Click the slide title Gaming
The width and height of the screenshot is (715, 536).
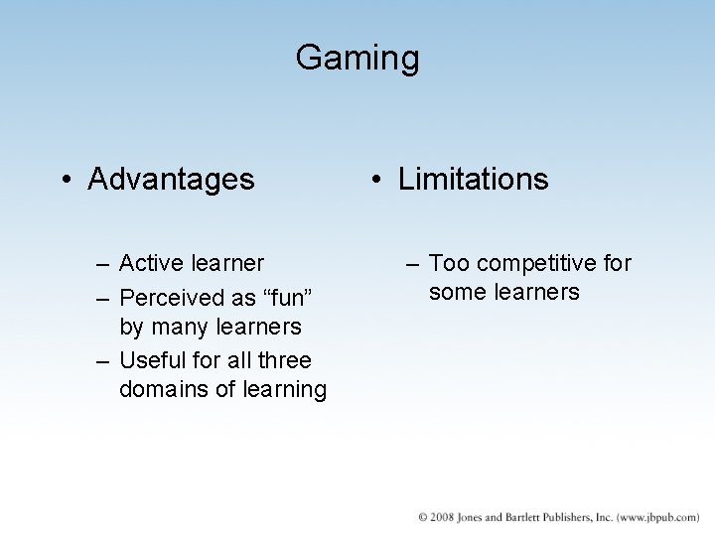coord(357,58)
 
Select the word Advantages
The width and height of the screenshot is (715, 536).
coord(171,180)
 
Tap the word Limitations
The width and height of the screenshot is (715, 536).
coord(473,180)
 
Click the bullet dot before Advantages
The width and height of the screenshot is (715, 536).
coord(65,181)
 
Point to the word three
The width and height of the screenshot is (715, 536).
coord(284,359)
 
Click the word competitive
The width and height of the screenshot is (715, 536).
coord(537,263)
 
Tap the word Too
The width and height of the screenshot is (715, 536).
coord(449,263)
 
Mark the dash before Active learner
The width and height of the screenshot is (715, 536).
coord(103,264)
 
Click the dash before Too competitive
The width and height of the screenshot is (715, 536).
coord(413,264)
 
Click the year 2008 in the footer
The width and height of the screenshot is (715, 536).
coord(443,517)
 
